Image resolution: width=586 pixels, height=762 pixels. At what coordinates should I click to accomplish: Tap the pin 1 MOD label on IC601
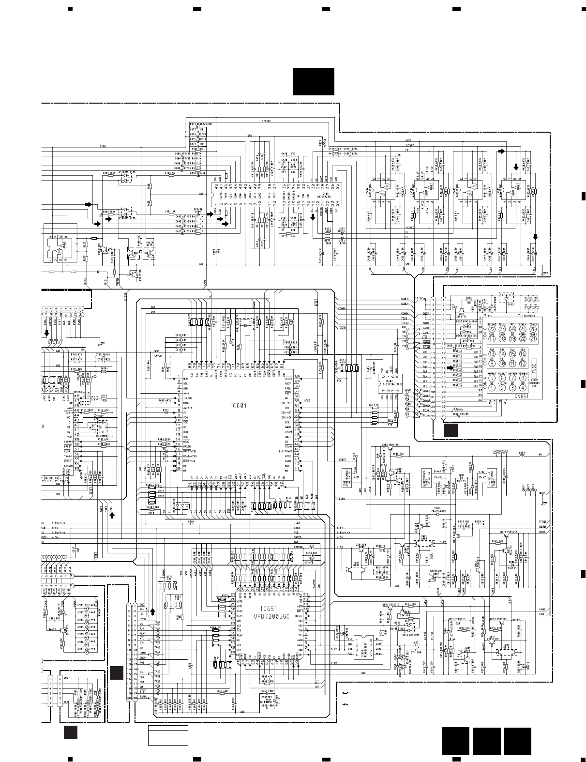coord(183,377)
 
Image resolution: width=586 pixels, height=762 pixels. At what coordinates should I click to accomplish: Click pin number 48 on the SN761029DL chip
coord(216,185)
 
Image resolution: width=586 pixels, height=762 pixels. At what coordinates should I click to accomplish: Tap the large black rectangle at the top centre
coord(313,82)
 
